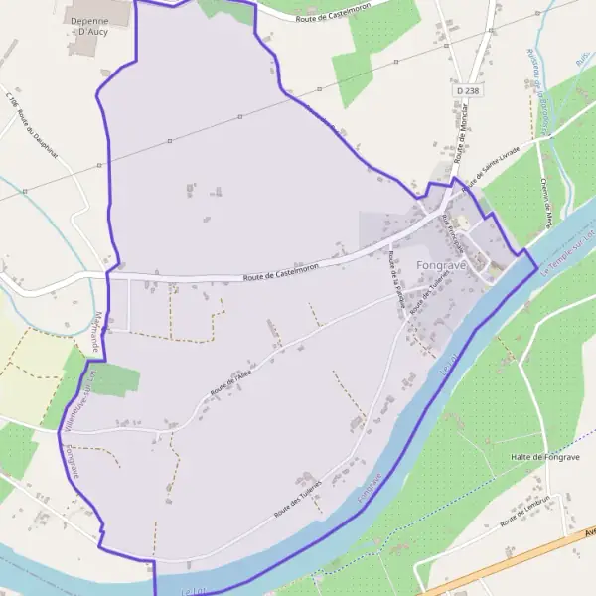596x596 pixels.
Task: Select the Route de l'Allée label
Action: coord(229,382)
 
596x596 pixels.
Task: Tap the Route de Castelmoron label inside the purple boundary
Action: coord(282,274)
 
